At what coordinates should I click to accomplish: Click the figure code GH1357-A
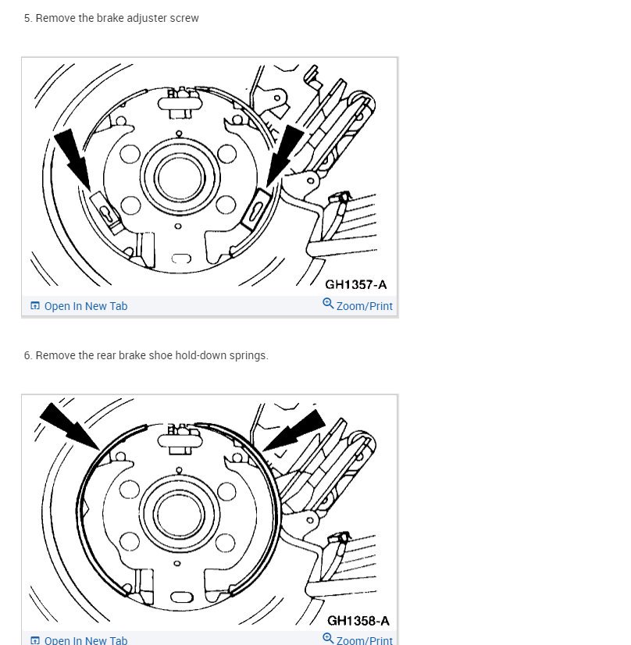[356, 285]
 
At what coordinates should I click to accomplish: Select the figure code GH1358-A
[358, 621]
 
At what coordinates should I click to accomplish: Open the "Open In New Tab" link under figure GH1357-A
[86, 306]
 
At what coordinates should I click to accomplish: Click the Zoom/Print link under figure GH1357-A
[365, 306]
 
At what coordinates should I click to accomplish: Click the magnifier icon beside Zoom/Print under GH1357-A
[328, 304]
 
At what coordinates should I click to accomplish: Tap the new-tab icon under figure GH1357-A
[35, 305]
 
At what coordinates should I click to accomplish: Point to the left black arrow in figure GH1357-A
[73, 160]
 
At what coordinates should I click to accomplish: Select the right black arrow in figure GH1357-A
[285, 155]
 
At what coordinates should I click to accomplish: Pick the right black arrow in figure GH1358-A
[294, 429]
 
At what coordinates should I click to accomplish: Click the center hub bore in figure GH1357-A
[180, 179]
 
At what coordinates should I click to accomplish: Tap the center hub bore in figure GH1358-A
[179, 515]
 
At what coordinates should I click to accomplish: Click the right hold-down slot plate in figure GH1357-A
[255, 209]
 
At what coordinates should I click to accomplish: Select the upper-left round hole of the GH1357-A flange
[130, 155]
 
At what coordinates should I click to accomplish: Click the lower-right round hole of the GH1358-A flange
[226, 542]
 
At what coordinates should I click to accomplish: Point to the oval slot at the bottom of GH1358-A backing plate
[181, 597]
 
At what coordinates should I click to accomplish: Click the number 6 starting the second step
[27, 355]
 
